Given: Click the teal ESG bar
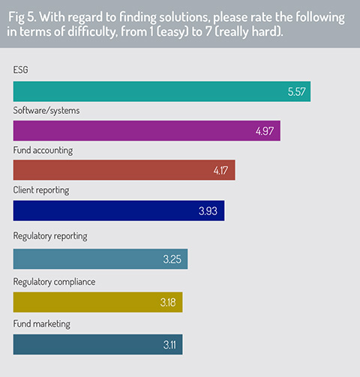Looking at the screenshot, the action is (162, 91).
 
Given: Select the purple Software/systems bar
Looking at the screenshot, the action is (147, 130).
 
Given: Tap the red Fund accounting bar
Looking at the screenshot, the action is (124, 170).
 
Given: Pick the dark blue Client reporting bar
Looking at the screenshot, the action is (118, 211).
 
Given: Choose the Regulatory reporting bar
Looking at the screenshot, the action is (100, 259).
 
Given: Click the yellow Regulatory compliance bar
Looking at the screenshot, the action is (97, 302).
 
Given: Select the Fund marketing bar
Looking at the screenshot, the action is (97, 345).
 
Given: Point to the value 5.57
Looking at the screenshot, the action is (296, 91).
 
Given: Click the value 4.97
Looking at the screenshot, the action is (265, 131).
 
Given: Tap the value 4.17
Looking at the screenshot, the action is (220, 171).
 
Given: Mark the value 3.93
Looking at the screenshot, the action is (208, 211).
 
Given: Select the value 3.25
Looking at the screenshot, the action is (172, 259).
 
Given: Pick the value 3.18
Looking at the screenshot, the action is (168, 303).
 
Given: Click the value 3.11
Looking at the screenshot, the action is (169, 345).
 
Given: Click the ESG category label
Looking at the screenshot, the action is (20, 70).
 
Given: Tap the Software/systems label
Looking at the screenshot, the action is (46, 111).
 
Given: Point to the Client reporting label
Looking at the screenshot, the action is (41, 190).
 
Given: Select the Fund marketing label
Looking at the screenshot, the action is (41, 324).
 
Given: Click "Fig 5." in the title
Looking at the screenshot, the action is (22, 17).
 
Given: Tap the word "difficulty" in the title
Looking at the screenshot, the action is (92, 31).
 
